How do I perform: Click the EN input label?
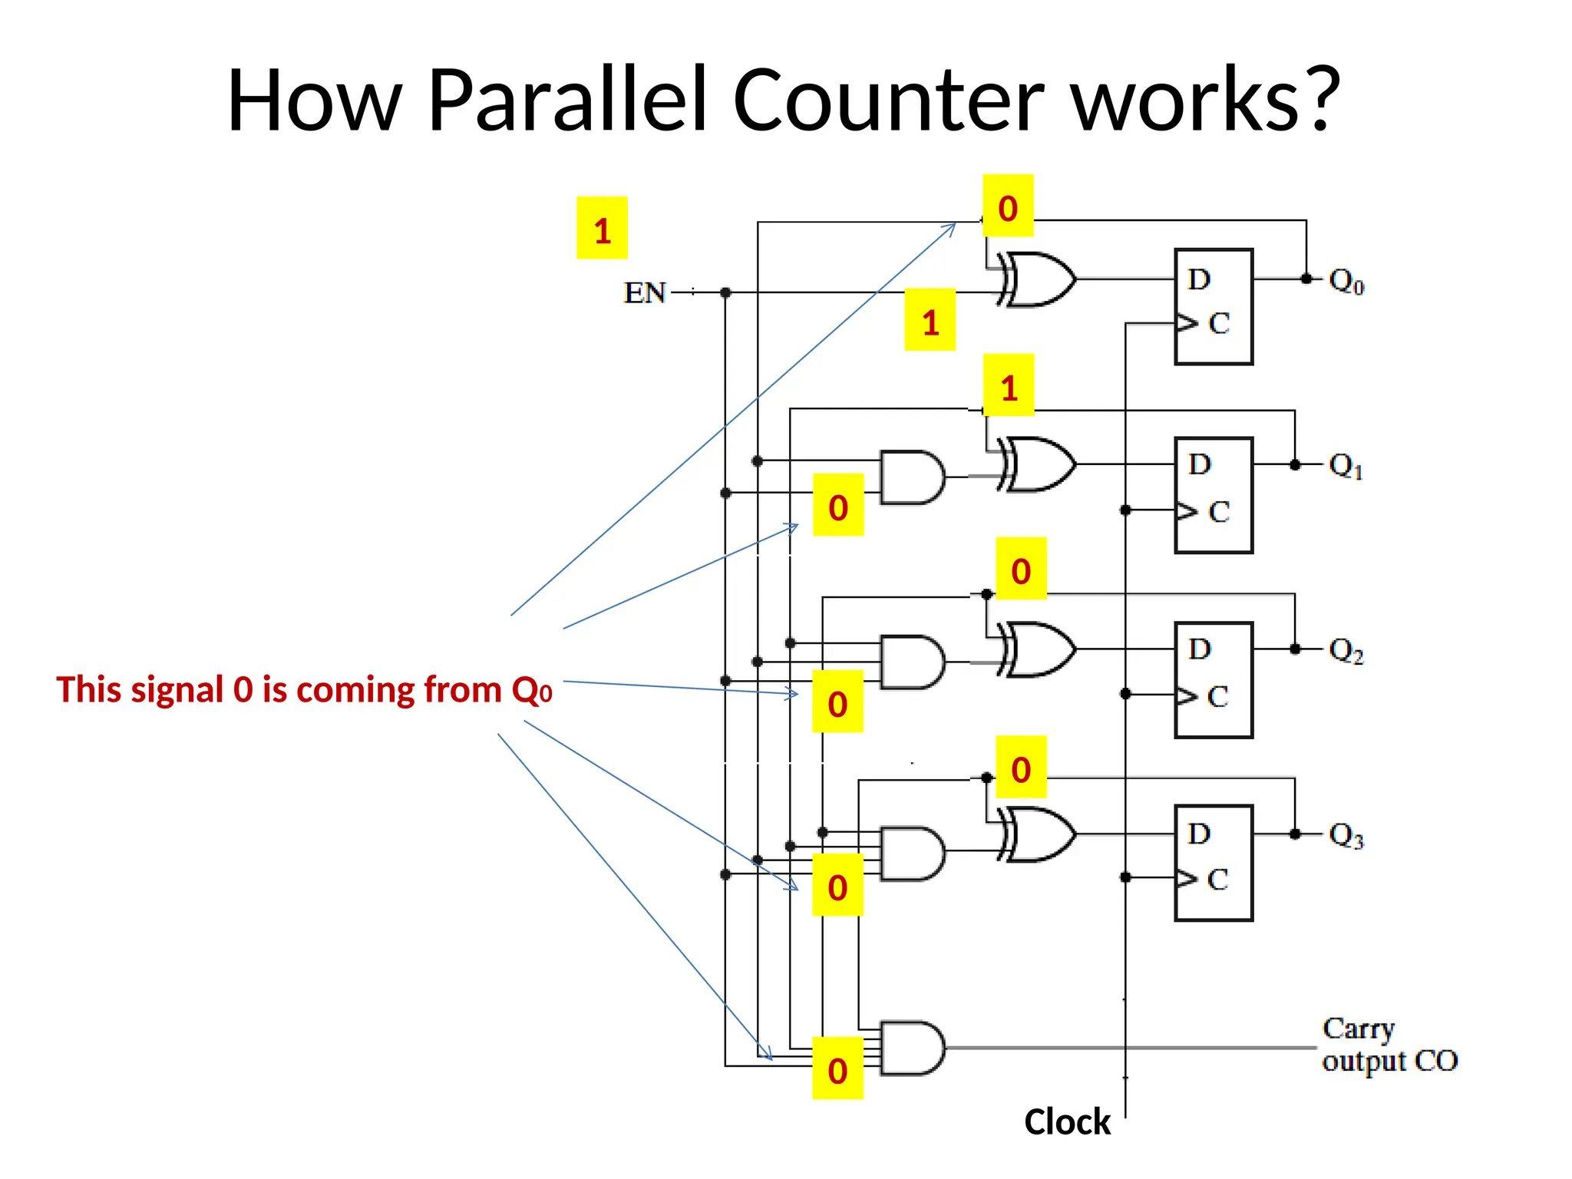644,292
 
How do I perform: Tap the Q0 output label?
1346,281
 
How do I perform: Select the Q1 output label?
1346,466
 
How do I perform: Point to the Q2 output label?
1346,651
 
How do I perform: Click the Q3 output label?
1346,835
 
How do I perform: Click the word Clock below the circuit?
1067,1122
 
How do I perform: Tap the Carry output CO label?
1389,1045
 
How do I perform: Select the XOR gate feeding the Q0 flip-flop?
1039,279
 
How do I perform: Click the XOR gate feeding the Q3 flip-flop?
1039,834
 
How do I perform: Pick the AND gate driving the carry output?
912,1048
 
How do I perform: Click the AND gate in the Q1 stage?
912,477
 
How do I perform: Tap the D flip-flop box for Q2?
1214,680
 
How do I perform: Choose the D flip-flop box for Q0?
1214,306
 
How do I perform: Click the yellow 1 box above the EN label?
602,228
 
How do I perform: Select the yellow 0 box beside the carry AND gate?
837,1068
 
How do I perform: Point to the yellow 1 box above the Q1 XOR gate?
1009,385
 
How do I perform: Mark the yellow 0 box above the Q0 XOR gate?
1008,206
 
